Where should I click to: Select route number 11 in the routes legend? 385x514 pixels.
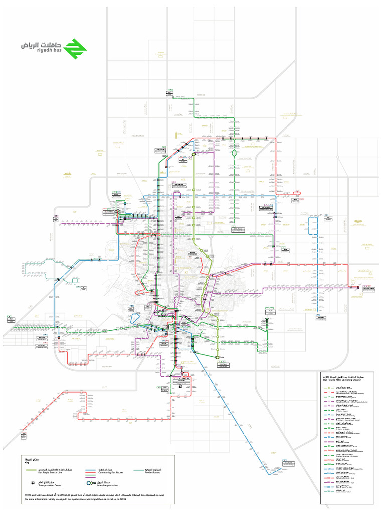tap(329, 388)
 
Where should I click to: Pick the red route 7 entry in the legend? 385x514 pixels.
tap(329, 392)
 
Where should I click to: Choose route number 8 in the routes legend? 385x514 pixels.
tap(329, 397)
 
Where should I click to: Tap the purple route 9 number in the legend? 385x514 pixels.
tap(329, 402)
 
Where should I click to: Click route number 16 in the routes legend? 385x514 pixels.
tap(329, 410)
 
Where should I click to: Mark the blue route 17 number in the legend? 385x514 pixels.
tap(329, 415)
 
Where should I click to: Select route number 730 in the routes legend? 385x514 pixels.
tap(329, 487)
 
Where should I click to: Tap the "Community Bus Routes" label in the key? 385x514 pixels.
tap(111, 473)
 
